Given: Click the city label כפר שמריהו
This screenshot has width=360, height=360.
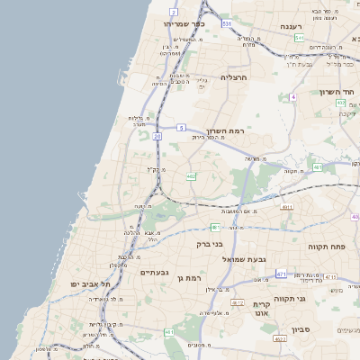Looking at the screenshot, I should pos(185,23).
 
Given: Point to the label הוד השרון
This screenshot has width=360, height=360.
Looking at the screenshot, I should pos(338,92).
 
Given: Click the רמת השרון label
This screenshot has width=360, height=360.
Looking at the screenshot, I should pos(230,130).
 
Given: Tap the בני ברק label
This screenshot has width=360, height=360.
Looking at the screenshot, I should pos(210,243).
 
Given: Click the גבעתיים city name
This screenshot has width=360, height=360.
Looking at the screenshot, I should pos(154,272).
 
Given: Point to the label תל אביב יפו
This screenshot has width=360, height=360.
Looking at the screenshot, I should pos(90,283).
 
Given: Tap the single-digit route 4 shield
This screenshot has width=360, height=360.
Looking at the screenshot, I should pos(292,96).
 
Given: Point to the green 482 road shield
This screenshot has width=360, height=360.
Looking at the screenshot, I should pos(191,176).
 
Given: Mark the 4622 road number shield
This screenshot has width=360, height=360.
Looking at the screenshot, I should pos(280,338).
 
